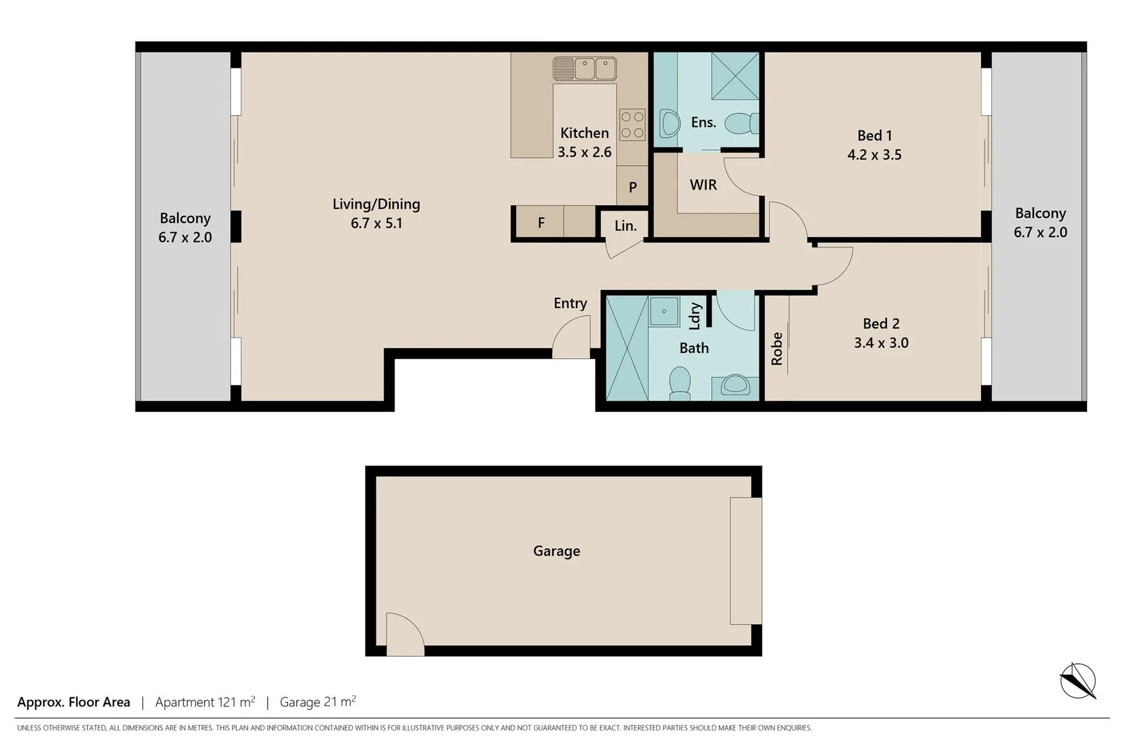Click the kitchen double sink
(584, 68)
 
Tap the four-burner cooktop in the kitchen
(632, 125)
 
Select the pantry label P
(632, 187)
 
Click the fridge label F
(541, 223)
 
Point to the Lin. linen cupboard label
(625, 226)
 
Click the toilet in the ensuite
(741, 124)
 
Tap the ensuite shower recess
(734, 76)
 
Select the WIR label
(703, 185)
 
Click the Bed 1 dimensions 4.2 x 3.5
(874, 155)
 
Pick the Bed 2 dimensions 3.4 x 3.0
(881, 342)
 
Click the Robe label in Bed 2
(777, 349)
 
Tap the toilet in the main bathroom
(680, 383)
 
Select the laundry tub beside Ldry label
(664, 311)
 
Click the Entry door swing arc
(572, 338)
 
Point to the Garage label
(556, 551)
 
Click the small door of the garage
(404, 634)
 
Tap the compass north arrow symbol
(1078, 680)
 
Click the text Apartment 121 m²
(205, 702)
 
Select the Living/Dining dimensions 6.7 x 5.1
(376, 223)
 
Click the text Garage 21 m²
(318, 702)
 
